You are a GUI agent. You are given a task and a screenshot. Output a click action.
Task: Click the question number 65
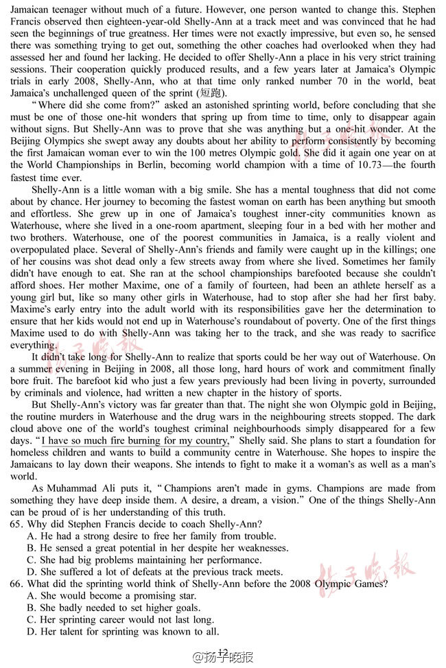point(17,525)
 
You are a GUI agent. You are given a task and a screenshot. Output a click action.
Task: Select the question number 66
point(17,584)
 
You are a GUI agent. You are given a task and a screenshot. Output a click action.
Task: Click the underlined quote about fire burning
point(135,440)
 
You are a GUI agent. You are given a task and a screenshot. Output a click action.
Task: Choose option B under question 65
point(157,548)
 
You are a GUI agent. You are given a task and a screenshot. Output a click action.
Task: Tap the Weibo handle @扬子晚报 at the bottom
point(224,656)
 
